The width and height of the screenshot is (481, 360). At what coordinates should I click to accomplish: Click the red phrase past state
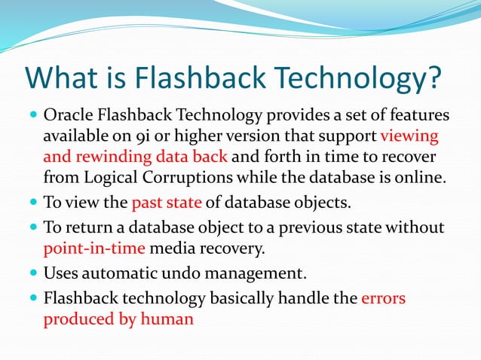(165, 203)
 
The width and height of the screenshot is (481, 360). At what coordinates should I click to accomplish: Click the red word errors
(383, 298)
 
